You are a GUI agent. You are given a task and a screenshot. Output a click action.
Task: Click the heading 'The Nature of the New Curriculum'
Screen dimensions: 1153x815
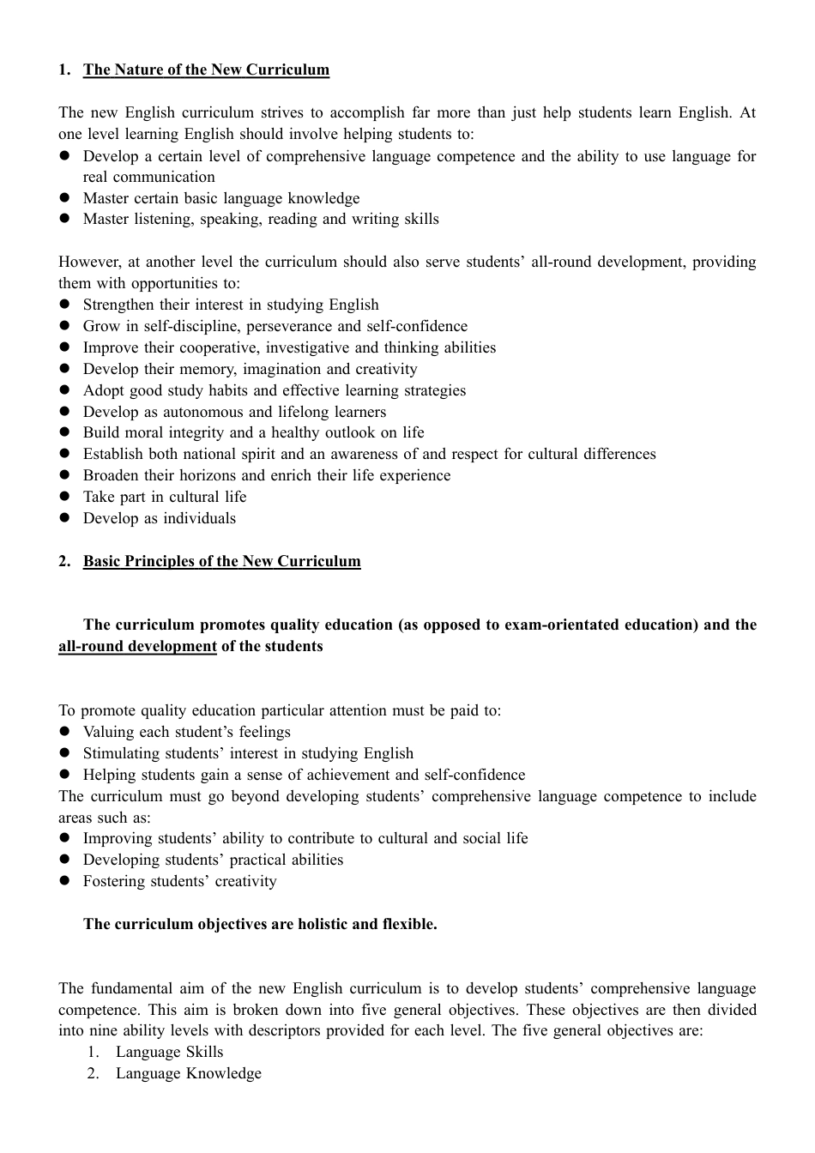click(206, 70)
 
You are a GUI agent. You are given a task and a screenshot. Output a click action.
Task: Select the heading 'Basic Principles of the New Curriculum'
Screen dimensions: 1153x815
click(221, 562)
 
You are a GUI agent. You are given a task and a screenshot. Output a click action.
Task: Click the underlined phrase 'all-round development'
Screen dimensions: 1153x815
click(137, 647)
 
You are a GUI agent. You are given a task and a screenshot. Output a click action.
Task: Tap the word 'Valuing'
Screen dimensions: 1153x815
click(108, 733)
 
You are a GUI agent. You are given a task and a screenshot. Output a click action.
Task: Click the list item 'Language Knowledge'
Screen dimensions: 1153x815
click(189, 1074)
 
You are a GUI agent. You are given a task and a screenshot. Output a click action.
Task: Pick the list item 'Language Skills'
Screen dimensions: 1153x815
click(169, 1053)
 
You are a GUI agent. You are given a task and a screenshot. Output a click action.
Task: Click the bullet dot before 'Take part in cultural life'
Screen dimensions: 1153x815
click(64, 497)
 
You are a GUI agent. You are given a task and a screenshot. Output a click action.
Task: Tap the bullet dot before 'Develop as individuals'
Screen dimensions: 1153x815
click(64, 518)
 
